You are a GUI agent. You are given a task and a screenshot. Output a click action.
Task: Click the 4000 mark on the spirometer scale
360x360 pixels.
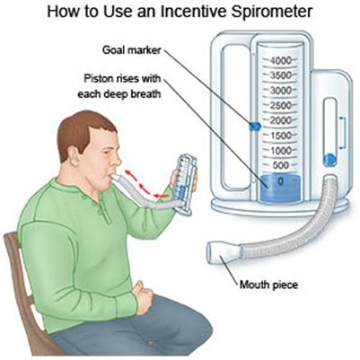[x=280, y=61]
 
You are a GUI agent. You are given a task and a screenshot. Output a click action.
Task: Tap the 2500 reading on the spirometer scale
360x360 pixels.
[x=280, y=106]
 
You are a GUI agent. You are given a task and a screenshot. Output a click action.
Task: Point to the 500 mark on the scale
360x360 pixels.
[x=281, y=165]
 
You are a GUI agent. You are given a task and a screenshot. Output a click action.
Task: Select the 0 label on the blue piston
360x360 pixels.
[x=280, y=182]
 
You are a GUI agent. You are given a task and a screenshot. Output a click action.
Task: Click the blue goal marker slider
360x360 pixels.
[x=255, y=127]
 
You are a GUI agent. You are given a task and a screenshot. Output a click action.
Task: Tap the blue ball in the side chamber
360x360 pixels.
[x=330, y=160]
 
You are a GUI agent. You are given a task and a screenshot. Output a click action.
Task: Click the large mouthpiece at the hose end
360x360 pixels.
[x=224, y=253]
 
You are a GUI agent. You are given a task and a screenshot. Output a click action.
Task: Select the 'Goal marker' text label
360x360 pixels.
[x=132, y=50]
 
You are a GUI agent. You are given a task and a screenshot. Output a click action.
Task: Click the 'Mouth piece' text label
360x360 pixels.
[x=268, y=284]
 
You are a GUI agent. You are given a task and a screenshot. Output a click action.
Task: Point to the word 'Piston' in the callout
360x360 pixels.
[x=98, y=79]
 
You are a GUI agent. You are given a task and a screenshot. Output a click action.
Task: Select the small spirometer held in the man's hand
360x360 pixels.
[x=185, y=183]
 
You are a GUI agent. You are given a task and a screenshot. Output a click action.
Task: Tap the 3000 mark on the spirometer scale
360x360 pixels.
[x=280, y=91]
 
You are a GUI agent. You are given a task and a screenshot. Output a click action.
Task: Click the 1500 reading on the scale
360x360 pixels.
[x=280, y=136]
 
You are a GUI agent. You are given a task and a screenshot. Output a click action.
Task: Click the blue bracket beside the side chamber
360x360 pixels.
[x=343, y=134]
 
